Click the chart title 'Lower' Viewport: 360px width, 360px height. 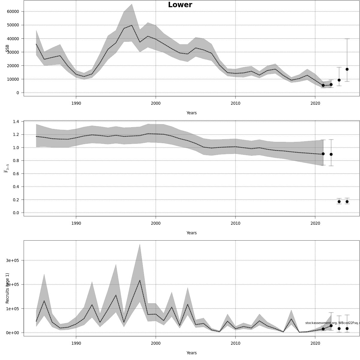click(180, 5)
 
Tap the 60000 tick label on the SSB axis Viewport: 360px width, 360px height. click(13, 11)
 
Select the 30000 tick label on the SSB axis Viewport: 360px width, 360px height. click(13, 52)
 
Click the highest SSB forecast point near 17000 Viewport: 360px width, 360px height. click(347, 69)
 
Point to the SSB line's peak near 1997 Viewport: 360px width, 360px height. click(132, 25)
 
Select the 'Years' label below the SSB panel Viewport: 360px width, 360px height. click(191, 113)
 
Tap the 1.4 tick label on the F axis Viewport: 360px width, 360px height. click(16, 121)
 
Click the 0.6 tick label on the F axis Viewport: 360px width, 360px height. click(16, 174)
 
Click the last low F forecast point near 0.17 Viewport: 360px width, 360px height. click(347, 202)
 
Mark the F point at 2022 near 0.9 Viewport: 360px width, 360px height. click(331, 154)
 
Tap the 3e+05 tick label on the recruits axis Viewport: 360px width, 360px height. click(13, 260)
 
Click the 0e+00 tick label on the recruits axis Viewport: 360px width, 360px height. click(13, 333)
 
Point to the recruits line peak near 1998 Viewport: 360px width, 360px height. click(140, 280)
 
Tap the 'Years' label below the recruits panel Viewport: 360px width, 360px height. click(191, 353)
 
